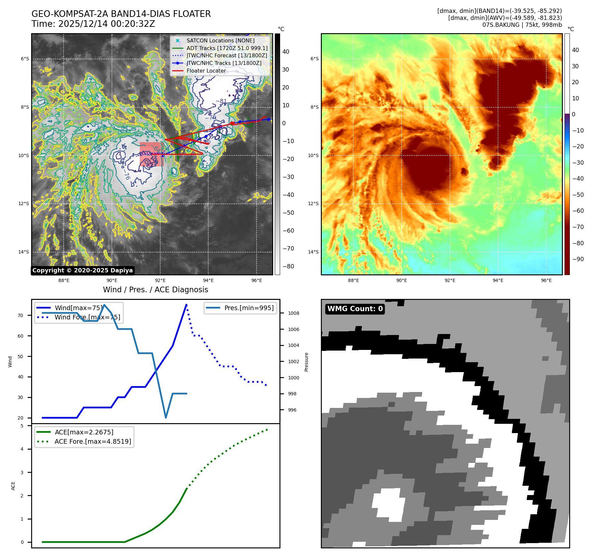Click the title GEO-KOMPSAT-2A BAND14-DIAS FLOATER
click(x=121, y=14)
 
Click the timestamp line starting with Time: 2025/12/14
click(x=93, y=24)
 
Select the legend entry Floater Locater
click(x=206, y=71)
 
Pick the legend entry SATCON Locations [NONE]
click(x=220, y=40)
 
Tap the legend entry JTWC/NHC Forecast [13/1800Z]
click(x=226, y=55)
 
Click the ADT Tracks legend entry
click(x=227, y=48)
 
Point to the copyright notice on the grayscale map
click(x=82, y=270)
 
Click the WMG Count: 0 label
click(x=355, y=309)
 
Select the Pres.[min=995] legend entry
click(x=249, y=308)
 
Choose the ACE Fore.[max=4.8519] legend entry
click(x=93, y=441)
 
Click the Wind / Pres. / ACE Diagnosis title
click(x=156, y=290)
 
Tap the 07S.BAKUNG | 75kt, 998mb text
click(x=522, y=25)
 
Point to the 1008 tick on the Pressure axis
click(x=293, y=313)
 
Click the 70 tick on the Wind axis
click(x=21, y=315)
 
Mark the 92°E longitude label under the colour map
click(x=450, y=280)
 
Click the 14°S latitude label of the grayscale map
click(x=23, y=252)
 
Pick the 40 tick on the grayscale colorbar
click(x=285, y=52)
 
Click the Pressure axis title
click(x=306, y=362)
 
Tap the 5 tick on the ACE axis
click(x=22, y=426)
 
